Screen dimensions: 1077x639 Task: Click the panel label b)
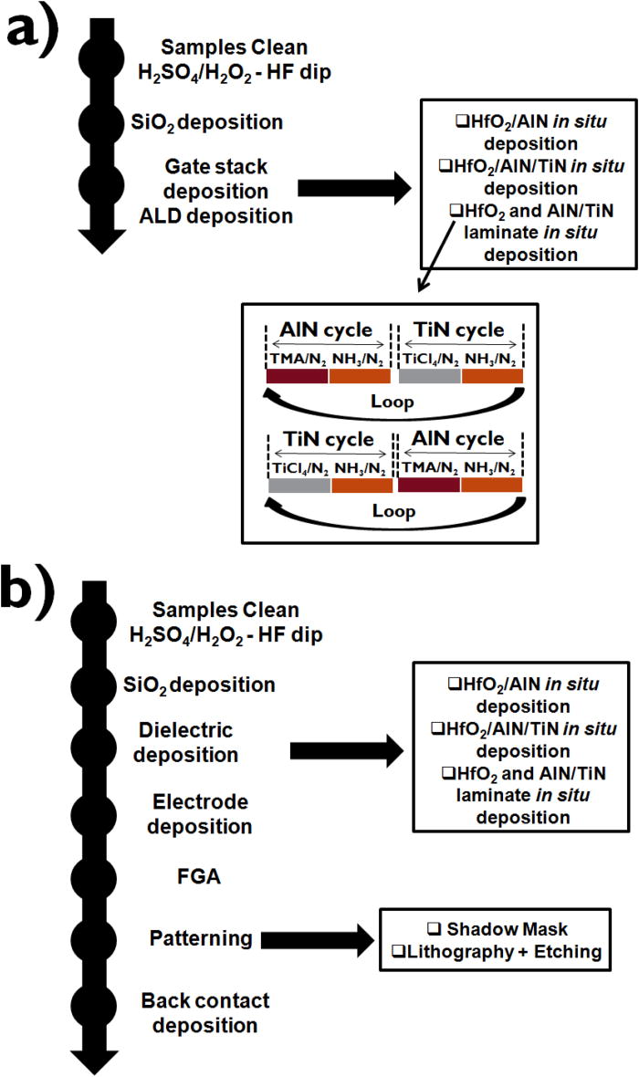[x=43, y=576]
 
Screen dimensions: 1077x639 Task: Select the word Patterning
[x=201, y=937]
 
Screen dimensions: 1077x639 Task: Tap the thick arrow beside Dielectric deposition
[x=347, y=751]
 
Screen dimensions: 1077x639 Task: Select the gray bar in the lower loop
[x=299, y=486]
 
